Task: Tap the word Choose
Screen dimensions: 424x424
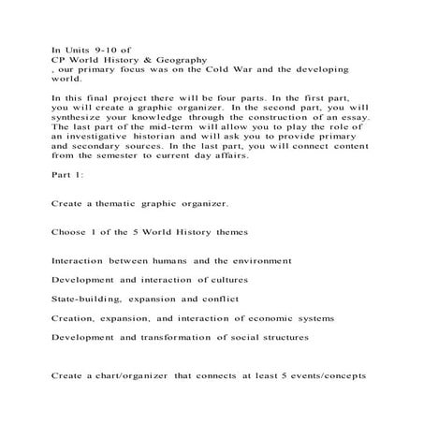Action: tap(71, 257)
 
